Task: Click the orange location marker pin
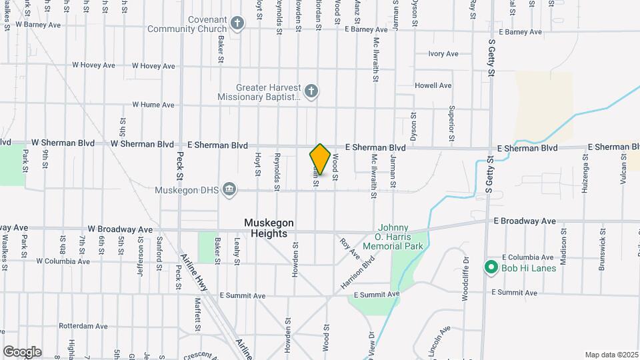coord(320,159)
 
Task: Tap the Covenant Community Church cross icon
coord(237,25)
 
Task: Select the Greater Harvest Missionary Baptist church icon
coord(311,92)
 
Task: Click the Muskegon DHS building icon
coord(230,189)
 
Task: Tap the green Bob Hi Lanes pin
coord(491,267)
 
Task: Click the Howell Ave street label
coord(433,86)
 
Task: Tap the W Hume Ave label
coord(153,105)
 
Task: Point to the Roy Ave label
coord(349,249)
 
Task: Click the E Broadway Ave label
coord(525,221)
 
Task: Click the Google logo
coord(22,351)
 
